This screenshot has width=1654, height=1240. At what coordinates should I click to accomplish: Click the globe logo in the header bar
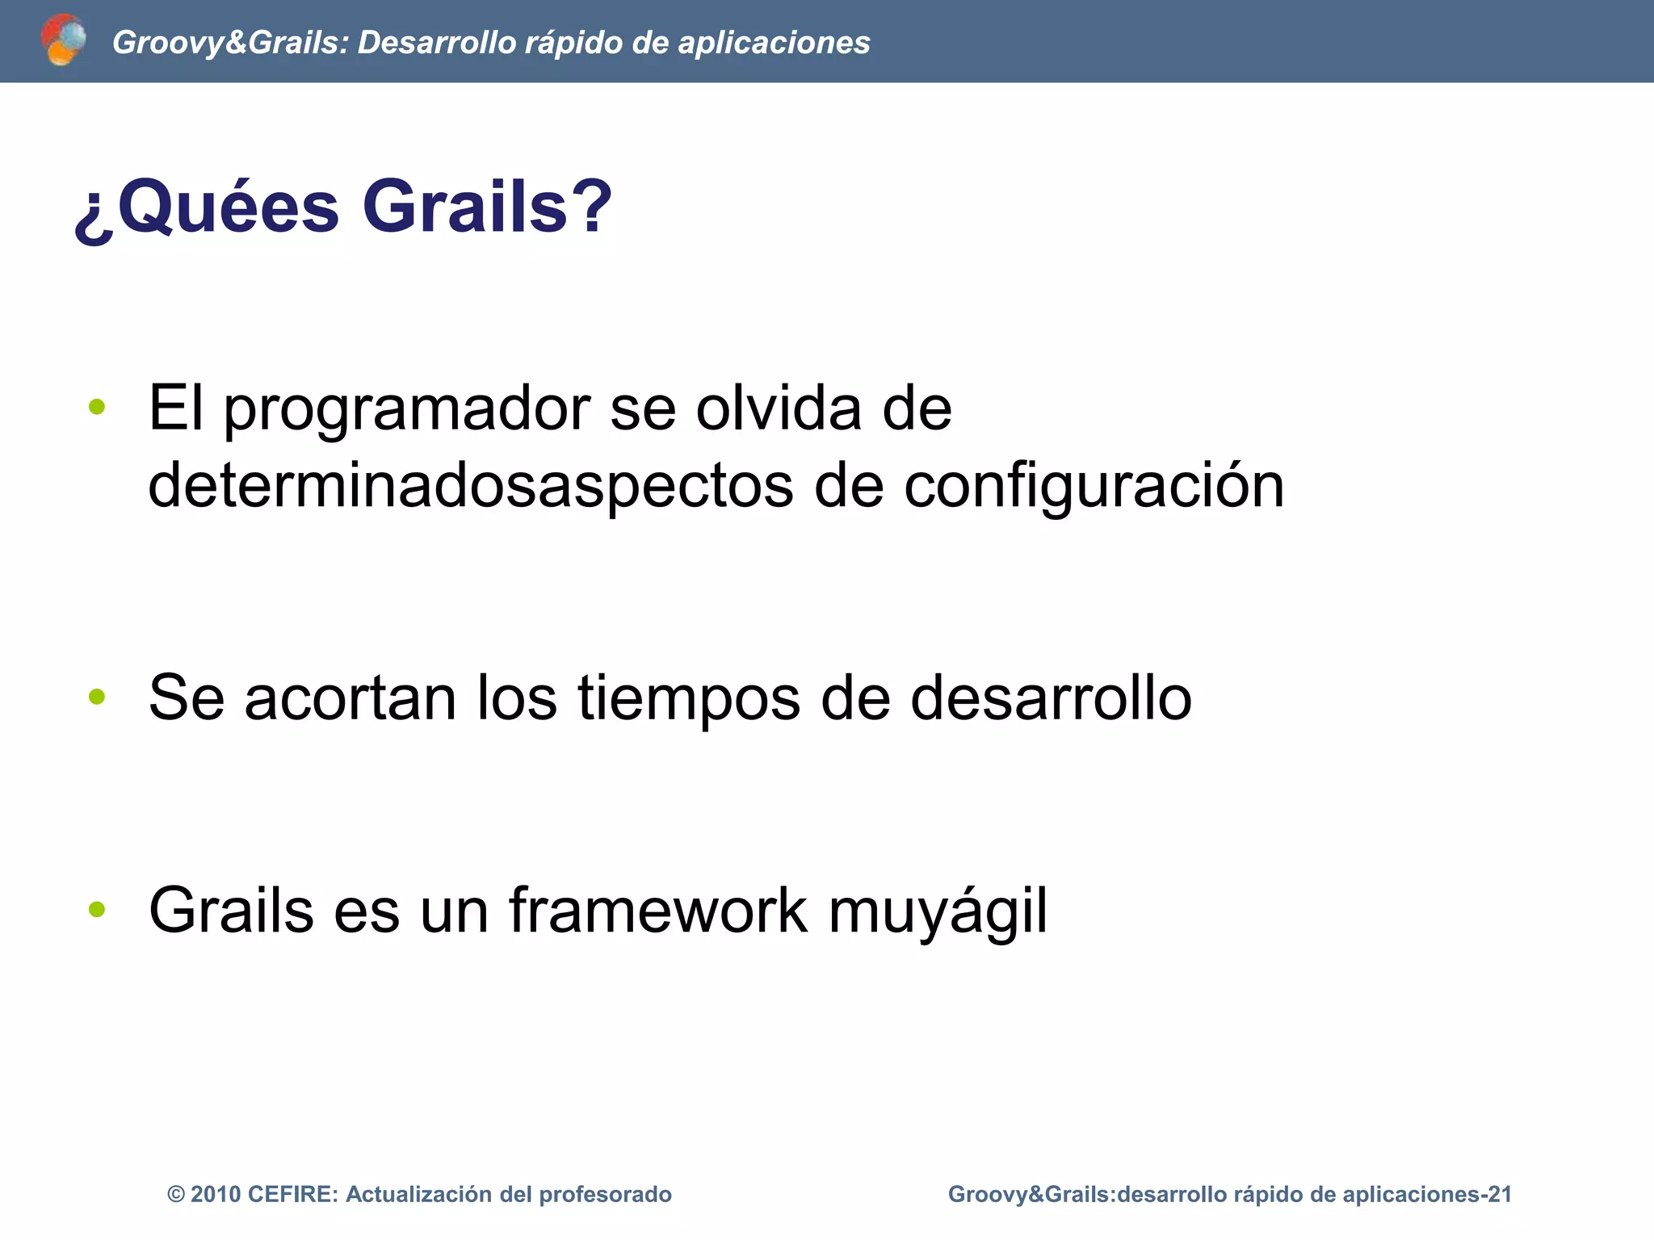point(63,40)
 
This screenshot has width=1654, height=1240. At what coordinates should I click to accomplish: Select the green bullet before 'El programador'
point(97,407)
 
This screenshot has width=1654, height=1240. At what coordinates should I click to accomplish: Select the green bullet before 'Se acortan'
point(97,696)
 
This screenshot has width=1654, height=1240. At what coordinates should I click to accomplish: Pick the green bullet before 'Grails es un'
point(97,909)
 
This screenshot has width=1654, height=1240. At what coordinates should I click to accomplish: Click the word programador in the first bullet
point(407,410)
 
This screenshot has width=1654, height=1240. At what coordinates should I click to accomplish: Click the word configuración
point(1094,487)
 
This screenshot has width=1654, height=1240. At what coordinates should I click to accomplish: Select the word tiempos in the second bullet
point(689,698)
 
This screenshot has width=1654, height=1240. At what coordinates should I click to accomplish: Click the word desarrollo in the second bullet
point(1051,697)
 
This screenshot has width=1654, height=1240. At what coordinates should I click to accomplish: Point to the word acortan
point(350,698)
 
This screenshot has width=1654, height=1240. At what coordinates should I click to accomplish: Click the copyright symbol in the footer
point(176,1195)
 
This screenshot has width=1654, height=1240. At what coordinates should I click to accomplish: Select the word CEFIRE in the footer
point(293,1195)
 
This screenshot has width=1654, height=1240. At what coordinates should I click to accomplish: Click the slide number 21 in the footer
point(1500,1195)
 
